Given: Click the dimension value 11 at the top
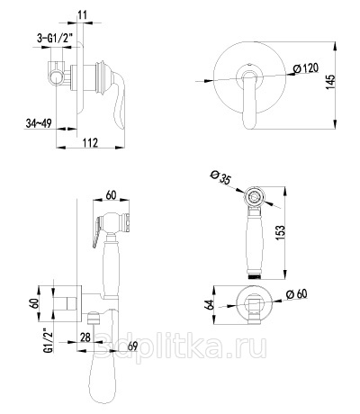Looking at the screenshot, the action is click(82, 14).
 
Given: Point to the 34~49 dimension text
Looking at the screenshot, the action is click(39, 123).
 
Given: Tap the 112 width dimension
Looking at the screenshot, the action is click(90, 142).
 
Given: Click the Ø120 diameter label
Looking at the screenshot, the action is click(305, 68).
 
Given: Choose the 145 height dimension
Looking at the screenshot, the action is click(330, 82).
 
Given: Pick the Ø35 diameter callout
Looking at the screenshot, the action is click(220, 177).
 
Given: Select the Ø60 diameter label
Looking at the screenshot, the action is click(297, 293).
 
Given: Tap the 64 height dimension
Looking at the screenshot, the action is click(209, 304).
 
